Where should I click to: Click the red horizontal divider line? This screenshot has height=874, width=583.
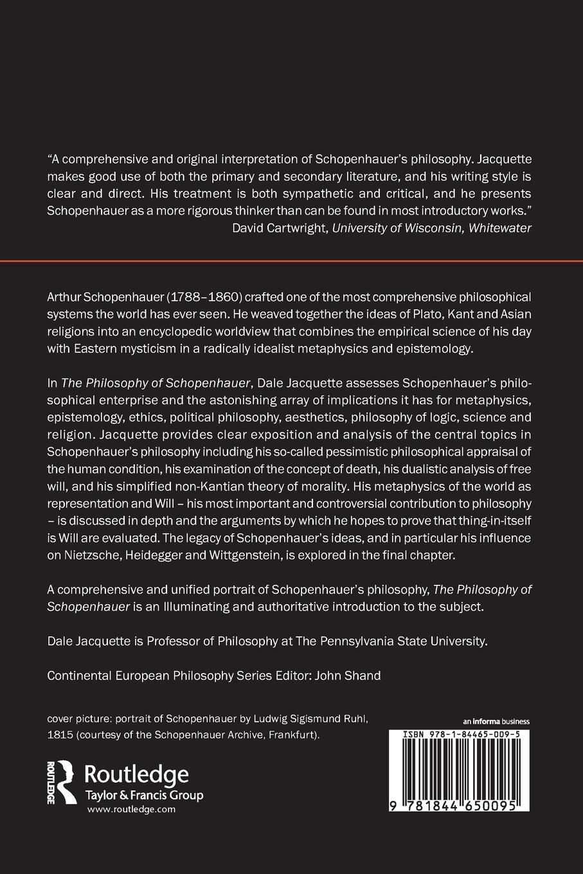click(291, 261)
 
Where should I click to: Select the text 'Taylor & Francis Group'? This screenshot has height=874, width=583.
click(144, 795)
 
